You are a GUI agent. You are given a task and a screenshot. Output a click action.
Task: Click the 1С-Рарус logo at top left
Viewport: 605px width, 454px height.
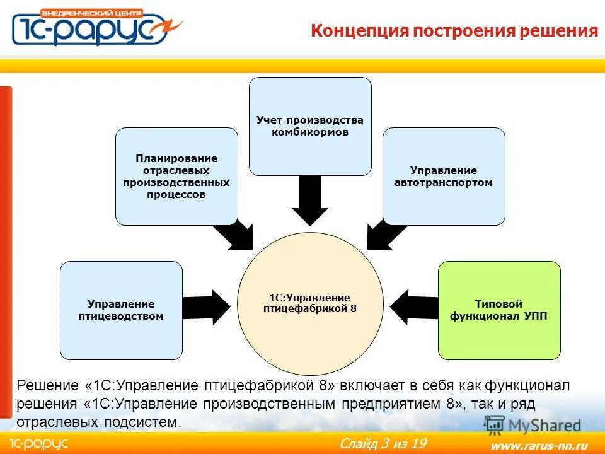(x=95, y=27)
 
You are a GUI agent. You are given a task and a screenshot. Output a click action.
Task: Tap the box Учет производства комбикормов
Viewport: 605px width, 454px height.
(x=310, y=126)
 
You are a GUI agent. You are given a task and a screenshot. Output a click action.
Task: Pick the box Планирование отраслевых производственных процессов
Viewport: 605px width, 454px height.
(x=176, y=177)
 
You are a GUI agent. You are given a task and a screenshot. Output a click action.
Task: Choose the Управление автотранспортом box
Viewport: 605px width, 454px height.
(x=444, y=177)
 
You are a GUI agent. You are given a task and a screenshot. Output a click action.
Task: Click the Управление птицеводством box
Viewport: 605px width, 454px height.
(x=121, y=310)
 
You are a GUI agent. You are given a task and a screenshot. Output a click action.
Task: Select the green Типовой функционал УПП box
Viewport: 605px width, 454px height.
(x=499, y=310)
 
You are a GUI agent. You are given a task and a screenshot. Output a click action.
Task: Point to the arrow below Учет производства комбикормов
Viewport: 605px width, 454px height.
(x=310, y=201)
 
